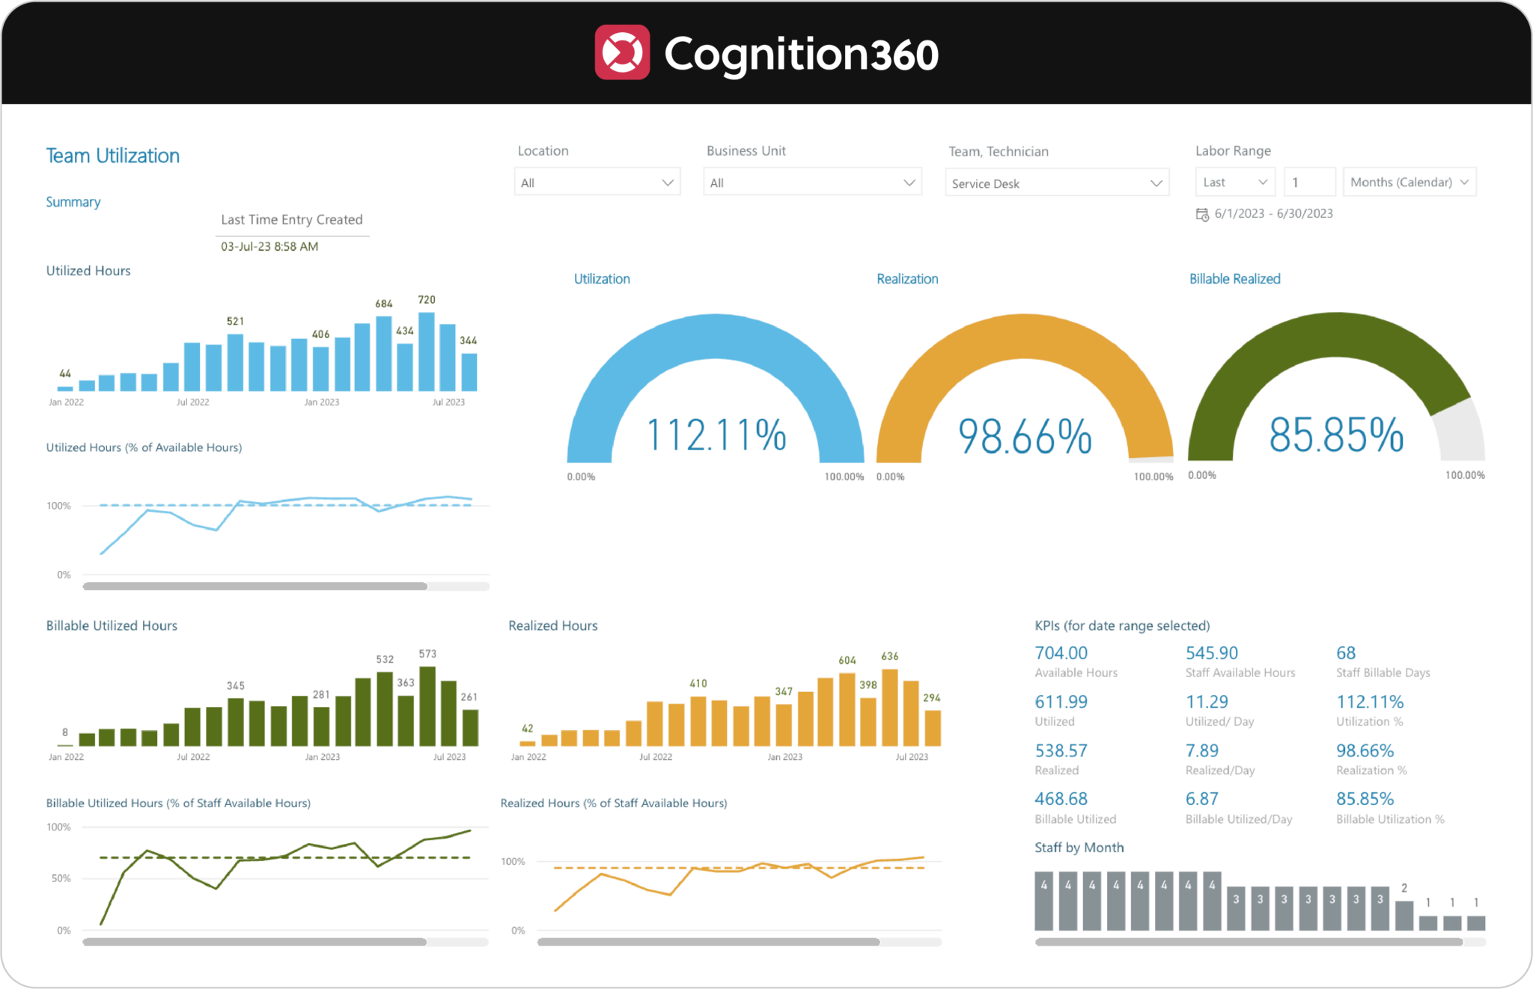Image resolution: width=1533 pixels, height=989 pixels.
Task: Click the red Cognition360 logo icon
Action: (x=622, y=52)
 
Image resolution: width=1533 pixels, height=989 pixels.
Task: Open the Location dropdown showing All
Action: (x=597, y=183)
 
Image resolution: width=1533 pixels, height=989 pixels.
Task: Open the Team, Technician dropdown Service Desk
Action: (x=1056, y=183)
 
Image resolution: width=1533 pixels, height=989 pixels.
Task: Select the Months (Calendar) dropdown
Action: (x=1409, y=183)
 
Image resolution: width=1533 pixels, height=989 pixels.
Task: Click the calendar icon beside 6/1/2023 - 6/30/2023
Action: (x=1202, y=215)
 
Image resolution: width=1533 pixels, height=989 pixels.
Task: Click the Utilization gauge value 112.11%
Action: (x=716, y=435)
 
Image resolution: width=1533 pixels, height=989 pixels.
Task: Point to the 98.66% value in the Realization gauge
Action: (x=1025, y=437)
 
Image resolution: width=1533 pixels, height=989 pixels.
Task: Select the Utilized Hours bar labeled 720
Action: (x=427, y=352)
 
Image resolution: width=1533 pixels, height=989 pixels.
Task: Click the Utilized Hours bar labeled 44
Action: (x=65, y=388)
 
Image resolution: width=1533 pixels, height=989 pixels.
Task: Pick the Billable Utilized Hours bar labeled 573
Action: (x=427, y=706)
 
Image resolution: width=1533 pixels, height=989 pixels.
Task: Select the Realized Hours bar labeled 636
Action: (x=890, y=708)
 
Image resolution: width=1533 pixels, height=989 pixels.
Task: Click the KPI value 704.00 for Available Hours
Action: (x=1061, y=653)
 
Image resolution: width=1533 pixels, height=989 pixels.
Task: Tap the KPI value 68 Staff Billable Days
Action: (x=1345, y=653)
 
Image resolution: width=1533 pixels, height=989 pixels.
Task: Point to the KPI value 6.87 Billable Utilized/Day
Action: (x=1201, y=799)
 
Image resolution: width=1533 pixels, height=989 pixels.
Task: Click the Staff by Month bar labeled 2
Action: (x=1404, y=915)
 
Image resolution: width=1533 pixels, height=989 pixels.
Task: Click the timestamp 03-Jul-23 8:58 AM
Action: (x=269, y=247)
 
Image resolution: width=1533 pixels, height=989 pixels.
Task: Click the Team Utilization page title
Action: (x=113, y=156)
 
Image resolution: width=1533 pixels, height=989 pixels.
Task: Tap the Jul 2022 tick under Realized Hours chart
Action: (x=655, y=757)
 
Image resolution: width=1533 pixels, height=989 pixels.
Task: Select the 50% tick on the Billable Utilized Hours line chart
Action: (x=61, y=878)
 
